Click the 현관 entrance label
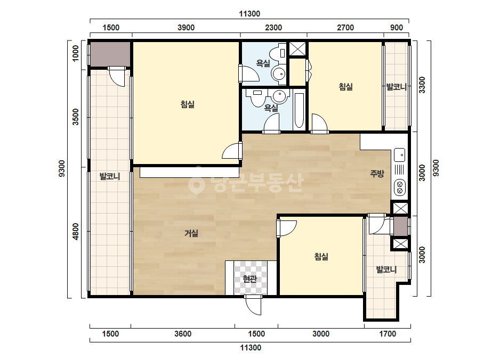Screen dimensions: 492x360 tap(250, 279)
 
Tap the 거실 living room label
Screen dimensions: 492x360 tap(191, 233)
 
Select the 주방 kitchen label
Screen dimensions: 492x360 tap(377, 174)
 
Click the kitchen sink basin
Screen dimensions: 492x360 tap(400, 155)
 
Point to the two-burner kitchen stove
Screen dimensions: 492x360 tap(400, 187)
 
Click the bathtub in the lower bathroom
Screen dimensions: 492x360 tap(300, 111)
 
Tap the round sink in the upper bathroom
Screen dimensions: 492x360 tap(278, 74)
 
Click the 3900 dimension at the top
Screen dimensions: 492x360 tap(186, 28)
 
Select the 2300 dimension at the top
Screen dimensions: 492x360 tap(273, 28)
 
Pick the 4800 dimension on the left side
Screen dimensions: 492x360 tap(76, 232)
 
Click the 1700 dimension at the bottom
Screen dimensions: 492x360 tap(388, 334)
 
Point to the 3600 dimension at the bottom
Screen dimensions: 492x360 tap(183, 334)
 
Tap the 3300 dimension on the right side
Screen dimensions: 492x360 tap(422, 85)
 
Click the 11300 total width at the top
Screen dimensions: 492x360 tap(249, 14)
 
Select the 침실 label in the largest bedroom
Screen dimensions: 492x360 tap(187, 104)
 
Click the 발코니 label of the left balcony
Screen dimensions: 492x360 tap(110, 176)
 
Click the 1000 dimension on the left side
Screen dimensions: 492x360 tap(76, 53)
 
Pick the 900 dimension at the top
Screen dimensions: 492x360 tap(396, 28)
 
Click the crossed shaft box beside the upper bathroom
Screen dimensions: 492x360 tap(297, 48)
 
